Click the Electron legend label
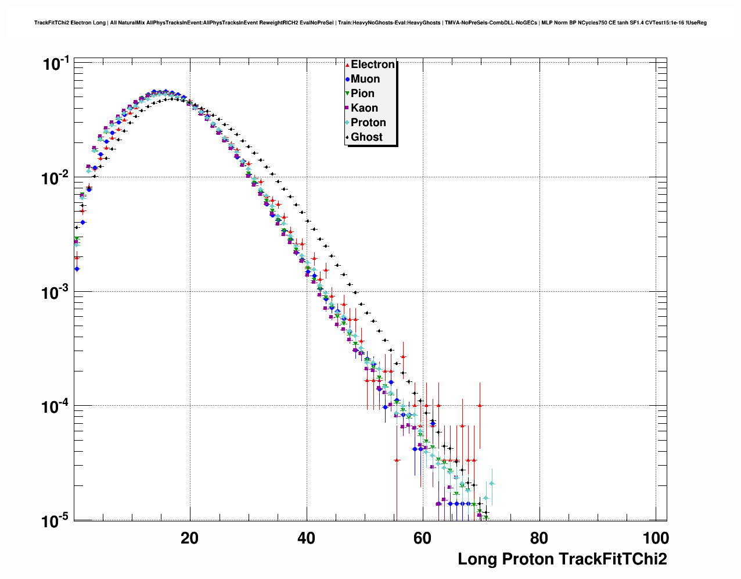click(x=373, y=65)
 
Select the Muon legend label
click(x=365, y=79)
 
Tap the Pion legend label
click(x=362, y=94)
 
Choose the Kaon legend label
click(x=364, y=108)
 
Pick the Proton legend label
click(x=368, y=123)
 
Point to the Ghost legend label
click(x=366, y=137)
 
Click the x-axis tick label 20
click(x=189, y=538)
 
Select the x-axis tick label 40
click(x=306, y=538)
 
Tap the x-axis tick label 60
click(x=423, y=538)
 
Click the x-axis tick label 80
click(x=539, y=538)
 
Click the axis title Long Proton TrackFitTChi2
click(x=562, y=559)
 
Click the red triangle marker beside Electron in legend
click(x=347, y=65)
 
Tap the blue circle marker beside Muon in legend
click(x=347, y=79)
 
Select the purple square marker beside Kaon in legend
click(x=347, y=108)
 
